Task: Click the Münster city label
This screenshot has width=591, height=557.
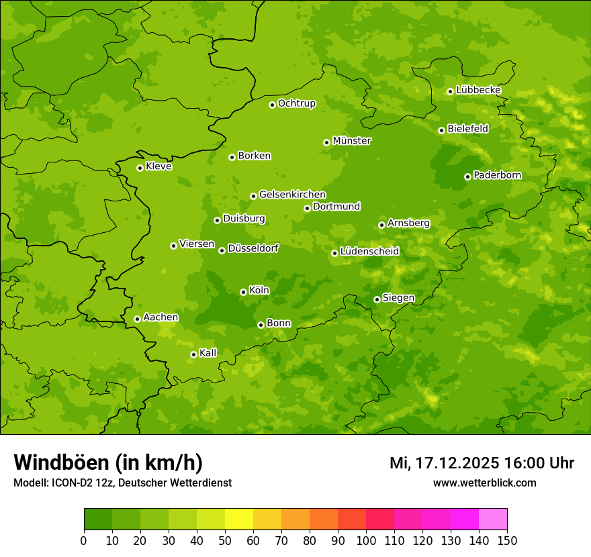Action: [x=352, y=141]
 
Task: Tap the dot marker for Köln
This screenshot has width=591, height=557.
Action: [x=243, y=292]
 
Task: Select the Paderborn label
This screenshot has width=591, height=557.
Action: [x=498, y=175]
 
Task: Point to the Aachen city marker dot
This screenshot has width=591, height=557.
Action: [x=137, y=319]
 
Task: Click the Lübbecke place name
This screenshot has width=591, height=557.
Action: [x=479, y=90]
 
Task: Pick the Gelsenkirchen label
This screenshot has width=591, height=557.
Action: [x=292, y=195]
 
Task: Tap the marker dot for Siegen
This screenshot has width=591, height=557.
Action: [x=377, y=299]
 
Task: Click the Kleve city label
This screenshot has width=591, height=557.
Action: [x=159, y=166]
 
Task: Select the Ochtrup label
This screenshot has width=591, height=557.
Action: [x=297, y=103]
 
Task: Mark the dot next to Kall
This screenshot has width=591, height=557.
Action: [x=193, y=354]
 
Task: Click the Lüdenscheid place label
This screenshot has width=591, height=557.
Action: [x=370, y=252]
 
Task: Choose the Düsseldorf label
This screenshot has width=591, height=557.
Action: [x=253, y=248]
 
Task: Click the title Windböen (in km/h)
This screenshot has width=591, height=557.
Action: [x=107, y=462]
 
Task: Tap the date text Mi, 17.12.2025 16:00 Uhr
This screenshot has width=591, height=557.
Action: [x=482, y=463]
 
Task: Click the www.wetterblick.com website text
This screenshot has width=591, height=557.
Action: [x=484, y=483]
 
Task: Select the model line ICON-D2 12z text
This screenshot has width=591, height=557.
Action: [x=122, y=483]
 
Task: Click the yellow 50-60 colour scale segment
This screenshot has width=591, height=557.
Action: [x=239, y=519]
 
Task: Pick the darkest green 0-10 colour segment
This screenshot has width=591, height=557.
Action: [x=98, y=519]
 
